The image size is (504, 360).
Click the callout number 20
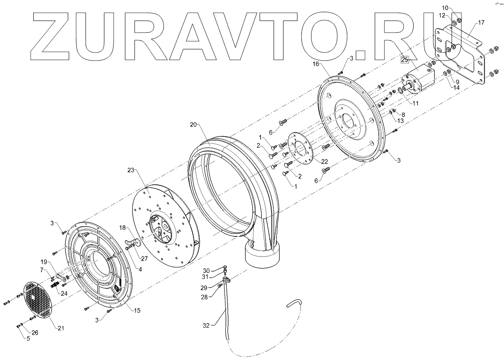tap(194, 125)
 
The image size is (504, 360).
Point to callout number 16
tap(317, 64)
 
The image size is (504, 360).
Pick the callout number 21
tap(61, 328)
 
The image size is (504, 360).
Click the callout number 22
tap(324, 161)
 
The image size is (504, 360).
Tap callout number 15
tap(137, 311)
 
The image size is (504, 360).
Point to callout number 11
tap(415, 103)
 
